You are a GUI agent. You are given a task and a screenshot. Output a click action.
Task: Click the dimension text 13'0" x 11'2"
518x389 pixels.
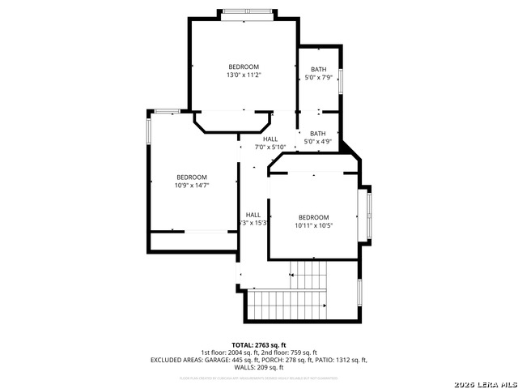coord(244,75)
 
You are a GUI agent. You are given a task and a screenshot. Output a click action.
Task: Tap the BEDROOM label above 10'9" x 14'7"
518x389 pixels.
coord(192,177)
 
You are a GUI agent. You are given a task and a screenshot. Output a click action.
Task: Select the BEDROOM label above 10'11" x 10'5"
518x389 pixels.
coord(313,217)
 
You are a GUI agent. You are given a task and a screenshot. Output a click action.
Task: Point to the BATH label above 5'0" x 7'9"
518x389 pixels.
coord(318,70)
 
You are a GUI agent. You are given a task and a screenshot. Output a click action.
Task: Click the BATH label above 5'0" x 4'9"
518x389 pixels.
coord(318,134)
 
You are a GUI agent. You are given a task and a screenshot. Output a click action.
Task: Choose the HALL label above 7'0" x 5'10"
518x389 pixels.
coord(270,139)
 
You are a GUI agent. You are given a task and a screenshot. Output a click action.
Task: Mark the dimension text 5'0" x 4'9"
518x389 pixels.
coord(318,142)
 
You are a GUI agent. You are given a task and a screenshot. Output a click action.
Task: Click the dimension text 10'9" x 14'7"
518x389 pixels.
coord(192,185)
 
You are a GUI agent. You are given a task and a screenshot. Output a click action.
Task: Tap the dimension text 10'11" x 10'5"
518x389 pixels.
coord(313,225)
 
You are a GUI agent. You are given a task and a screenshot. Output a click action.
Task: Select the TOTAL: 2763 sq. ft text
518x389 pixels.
coord(259,345)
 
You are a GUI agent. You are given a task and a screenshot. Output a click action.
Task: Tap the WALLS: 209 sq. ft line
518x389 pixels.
coord(259,367)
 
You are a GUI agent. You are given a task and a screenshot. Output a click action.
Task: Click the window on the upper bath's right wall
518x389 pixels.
coord(341,80)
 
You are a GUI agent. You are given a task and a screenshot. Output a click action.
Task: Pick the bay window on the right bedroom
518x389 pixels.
coord(369,215)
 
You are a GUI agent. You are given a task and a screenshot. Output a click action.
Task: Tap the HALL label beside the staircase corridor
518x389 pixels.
coord(253,215)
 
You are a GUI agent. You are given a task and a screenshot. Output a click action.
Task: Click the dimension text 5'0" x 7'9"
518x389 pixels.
coord(318,78)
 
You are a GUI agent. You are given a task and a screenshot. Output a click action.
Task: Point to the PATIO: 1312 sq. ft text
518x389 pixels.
coord(340,360)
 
